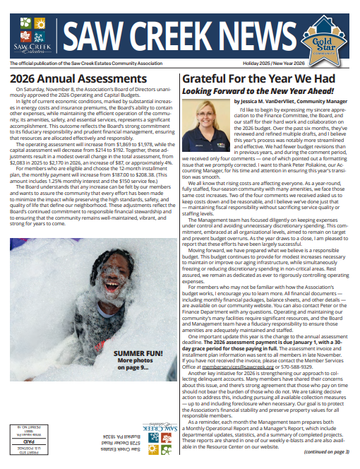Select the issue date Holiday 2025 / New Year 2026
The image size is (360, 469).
coord(315,64)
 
